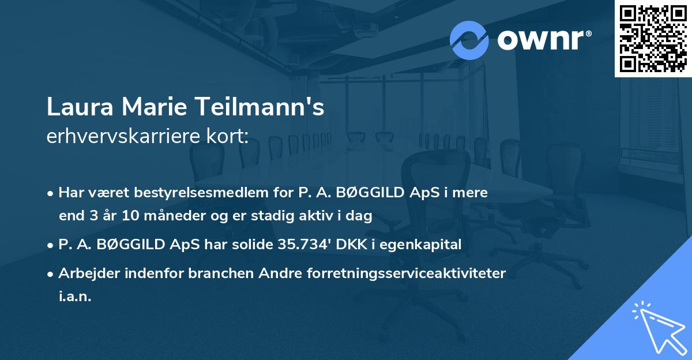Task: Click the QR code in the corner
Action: tap(653, 39)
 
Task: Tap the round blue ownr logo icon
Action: tap(469, 40)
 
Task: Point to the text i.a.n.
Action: tap(75, 297)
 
